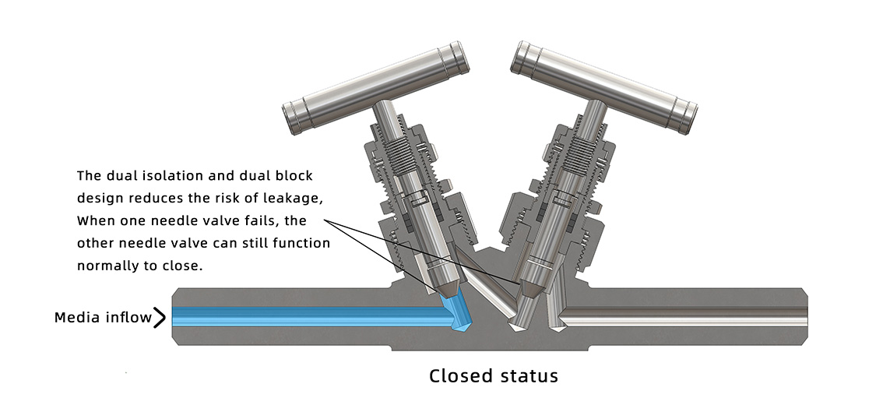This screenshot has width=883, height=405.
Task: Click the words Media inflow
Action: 103,318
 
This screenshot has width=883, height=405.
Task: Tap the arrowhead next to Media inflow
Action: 160,318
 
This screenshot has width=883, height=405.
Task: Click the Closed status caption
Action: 494,376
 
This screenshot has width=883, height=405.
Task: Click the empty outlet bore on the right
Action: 685,315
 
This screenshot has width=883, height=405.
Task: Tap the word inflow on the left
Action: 128,318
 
